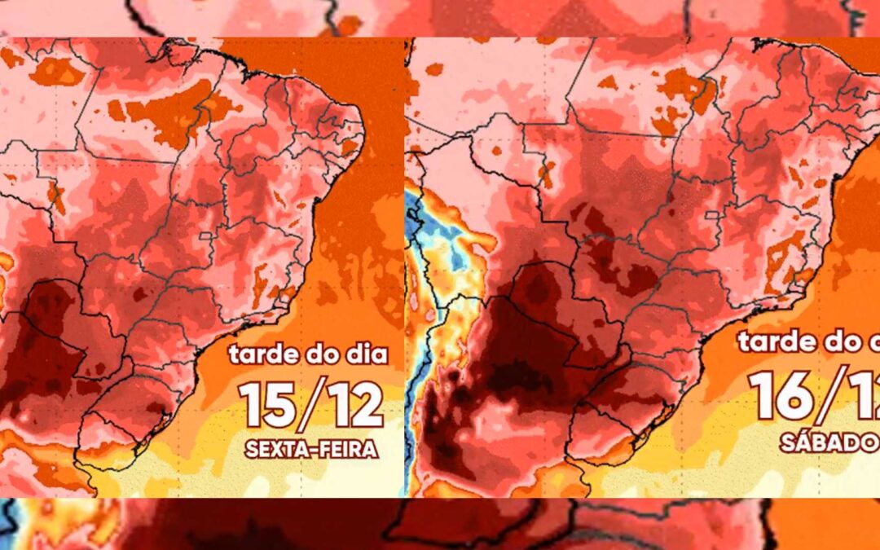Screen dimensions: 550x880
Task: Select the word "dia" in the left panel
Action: click(363, 355)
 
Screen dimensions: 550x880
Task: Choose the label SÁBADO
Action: click(827, 442)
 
